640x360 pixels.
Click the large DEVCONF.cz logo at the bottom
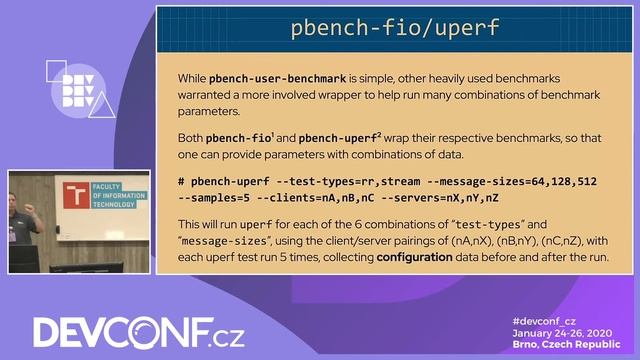(124, 332)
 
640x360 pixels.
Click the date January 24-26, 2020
(563, 332)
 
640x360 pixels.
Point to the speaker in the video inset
(25, 216)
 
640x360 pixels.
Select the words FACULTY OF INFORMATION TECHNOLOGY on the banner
(111, 195)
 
